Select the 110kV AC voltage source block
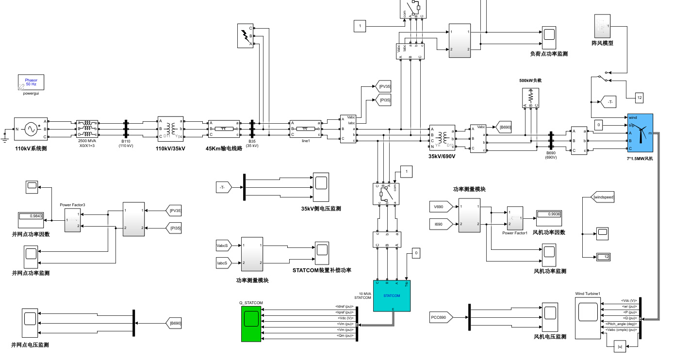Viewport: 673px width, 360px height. pyautogui.click(x=30, y=129)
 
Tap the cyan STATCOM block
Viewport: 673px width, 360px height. pyautogui.click(x=392, y=295)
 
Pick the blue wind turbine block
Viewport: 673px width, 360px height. pyautogui.click(x=640, y=132)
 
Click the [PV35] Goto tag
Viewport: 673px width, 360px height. pyautogui.click(x=383, y=86)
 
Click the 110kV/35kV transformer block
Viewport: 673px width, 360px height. pyautogui.click(x=170, y=129)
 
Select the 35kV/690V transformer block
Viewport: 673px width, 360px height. pyautogui.click(x=442, y=137)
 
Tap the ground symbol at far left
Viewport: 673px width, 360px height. pyautogui.click(x=5, y=136)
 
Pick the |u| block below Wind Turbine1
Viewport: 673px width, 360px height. pyautogui.click(x=620, y=346)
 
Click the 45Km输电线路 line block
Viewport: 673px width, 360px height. pyautogui.click(x=224, y=129)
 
